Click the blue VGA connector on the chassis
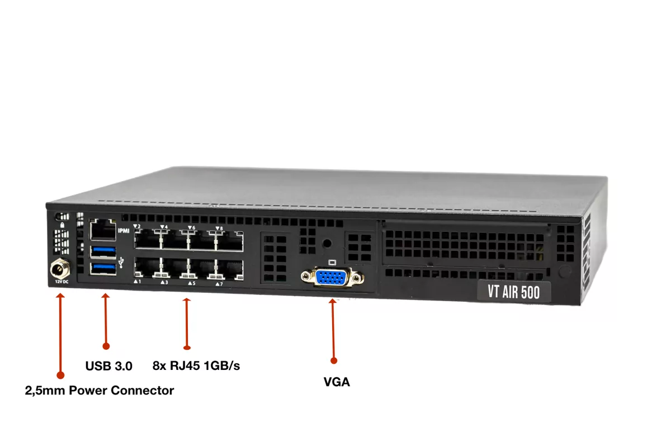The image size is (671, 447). (332, 278)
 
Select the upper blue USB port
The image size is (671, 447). (103, 250)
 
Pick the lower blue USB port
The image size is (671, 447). (103, 268)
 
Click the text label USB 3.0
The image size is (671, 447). (108, 367)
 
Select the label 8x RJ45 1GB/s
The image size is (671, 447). (196, 366)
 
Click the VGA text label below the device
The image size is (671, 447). (337, 382)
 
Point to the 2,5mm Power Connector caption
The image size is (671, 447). (100, 391)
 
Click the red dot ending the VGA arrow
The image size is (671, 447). (334, 361)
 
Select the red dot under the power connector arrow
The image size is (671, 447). (60, 375)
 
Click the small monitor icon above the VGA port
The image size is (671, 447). (333, 262)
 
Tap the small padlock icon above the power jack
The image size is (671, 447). (60, 224)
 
